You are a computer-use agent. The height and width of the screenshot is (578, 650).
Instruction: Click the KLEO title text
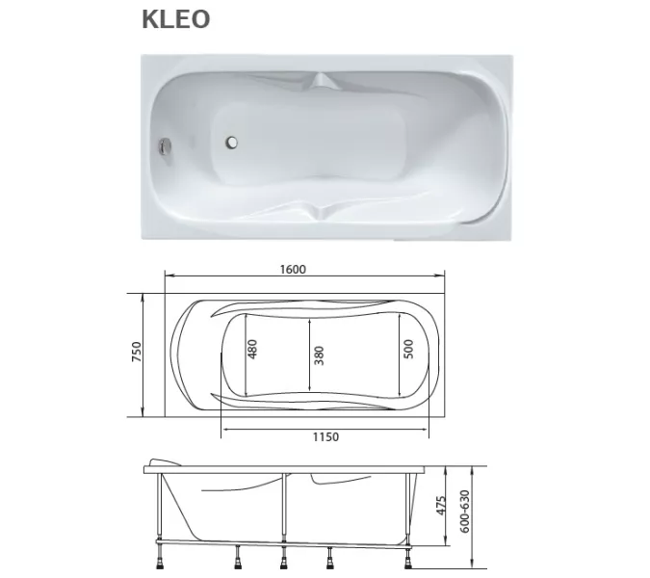[176, 19]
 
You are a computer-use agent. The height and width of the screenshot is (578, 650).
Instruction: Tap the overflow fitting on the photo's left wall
[165, 147]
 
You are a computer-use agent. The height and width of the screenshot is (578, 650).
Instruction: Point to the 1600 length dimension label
[293, 270]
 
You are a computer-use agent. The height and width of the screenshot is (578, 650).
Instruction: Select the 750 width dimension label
[138, 354]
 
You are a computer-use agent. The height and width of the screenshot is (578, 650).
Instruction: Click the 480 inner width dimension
[253, 349]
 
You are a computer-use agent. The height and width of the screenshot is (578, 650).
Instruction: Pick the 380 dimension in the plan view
[319, 355]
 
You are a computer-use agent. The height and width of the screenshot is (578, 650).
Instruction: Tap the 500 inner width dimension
[407, 349]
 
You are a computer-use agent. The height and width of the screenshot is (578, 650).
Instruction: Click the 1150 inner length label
[325, 436]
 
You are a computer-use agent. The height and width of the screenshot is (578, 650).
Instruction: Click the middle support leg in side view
[283, 520]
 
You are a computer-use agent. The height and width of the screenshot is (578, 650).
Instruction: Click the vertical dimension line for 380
[308, 355]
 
